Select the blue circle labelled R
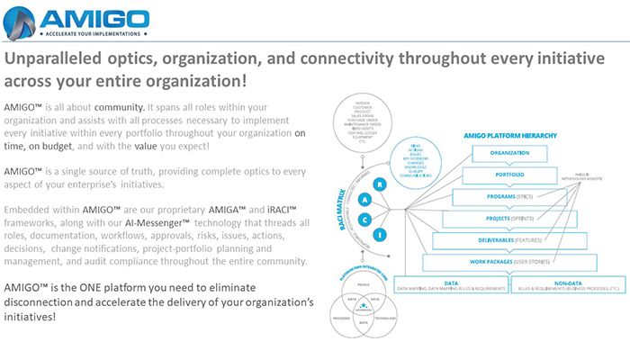click(382, 184)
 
